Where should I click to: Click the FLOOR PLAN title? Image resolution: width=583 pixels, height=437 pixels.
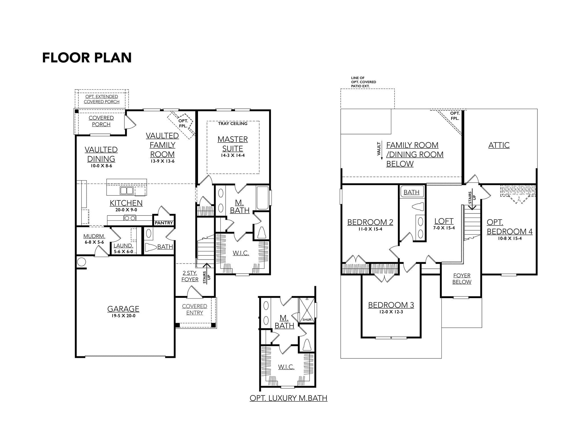click(87, 58)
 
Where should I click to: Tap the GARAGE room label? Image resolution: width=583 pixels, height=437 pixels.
click(123, 309)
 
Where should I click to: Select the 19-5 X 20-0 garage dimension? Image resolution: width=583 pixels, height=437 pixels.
click(123, 316)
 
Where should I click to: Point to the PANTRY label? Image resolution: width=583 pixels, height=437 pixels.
click(164, 223)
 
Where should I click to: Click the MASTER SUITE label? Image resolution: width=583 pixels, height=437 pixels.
click(233, 144)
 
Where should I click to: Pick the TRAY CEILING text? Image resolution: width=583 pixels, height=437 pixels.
click(233, 124)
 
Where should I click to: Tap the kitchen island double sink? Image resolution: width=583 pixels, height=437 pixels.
click(127, 190)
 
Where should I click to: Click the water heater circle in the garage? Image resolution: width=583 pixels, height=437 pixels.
click(82, 262)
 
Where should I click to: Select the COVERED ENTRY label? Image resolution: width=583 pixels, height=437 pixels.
click(195, 309)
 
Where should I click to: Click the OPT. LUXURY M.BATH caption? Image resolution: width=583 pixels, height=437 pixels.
click(289, 398)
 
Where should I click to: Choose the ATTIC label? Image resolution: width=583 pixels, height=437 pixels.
click(499, 145)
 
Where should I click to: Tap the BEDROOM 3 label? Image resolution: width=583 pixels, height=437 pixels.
click(391, 305)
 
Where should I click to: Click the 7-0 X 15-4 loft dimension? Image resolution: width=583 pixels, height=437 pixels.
click(444, 228)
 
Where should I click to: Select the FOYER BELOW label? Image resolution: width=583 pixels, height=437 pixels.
click(462, 279)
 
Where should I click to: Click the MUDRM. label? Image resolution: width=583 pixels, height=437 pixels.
click(94, 236)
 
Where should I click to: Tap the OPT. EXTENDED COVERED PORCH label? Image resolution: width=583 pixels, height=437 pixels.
click(102, 99)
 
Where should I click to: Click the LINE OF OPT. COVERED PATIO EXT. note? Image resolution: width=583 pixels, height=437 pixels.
click(363, 82)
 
